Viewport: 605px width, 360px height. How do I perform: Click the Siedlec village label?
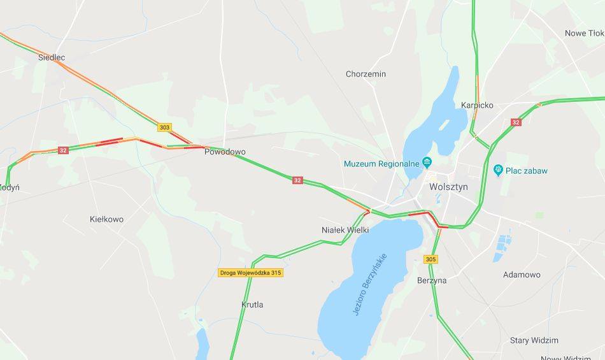coord(52,57)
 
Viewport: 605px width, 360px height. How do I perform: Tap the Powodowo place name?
coord(224,152)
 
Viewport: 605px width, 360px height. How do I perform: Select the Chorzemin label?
coord(366,74)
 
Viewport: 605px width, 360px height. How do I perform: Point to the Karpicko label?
coord(477,105)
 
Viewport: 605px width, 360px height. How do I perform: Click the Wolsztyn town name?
coord(448,187)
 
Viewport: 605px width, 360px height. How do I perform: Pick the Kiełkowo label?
coord(106,219)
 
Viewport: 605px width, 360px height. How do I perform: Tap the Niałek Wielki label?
coord(346,230)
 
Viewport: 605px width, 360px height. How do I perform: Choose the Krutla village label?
coord(252,305)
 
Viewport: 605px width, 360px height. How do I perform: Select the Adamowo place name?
coord(522,275)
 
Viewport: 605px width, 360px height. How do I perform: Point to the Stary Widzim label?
coord(534,340)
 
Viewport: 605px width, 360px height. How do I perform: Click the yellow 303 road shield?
coord(165,127)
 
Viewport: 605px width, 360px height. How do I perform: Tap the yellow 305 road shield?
coord(431,259)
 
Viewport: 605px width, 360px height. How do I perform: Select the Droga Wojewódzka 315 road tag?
coord(250,273)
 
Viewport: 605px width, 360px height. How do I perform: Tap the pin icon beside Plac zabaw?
coord(498,170)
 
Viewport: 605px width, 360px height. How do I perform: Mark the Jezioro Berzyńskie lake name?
coord(369,284)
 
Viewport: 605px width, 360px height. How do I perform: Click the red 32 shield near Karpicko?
coord(515,122)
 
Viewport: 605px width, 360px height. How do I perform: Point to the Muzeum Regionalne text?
coord(381,164)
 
